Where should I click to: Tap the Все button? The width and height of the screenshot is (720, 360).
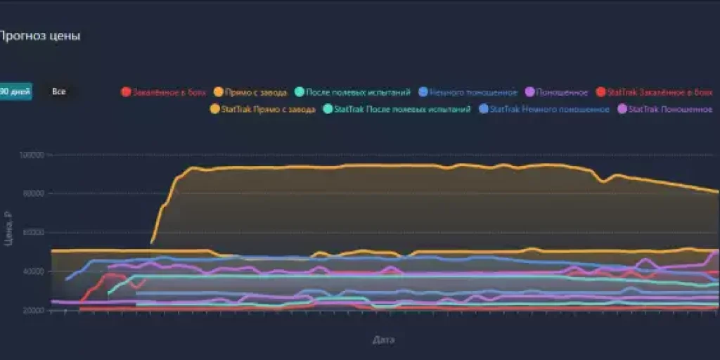coord(59,91)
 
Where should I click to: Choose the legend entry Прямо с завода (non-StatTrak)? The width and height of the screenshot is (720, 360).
coord(250,92)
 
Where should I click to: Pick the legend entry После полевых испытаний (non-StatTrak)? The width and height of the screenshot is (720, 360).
coord(352,92)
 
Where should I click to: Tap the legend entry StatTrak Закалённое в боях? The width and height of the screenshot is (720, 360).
coord(653,92)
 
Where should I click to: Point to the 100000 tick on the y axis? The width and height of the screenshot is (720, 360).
coord(32,155)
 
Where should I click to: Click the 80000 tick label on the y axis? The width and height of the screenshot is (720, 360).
coord(34,194)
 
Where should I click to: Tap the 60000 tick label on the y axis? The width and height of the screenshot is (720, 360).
coord(34,233)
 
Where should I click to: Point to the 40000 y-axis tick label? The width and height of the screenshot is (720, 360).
coord(34,271)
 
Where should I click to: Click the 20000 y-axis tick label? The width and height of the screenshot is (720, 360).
coord(34,310)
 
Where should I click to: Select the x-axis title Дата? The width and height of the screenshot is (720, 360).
coord(383,340)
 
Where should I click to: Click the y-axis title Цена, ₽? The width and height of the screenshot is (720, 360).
coord(8,229)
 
